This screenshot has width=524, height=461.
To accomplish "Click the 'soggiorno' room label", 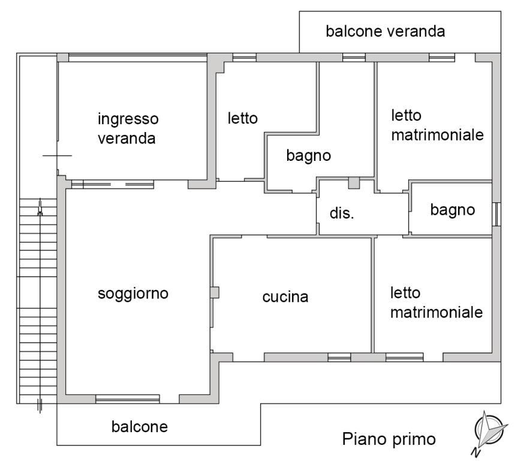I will coord(133,294).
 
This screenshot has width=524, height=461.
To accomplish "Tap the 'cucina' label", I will coord(285,297).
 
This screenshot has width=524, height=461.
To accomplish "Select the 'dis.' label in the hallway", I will coord(342,213).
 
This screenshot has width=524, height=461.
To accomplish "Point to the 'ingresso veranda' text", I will coord(128,128).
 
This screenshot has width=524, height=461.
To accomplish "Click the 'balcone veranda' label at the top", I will coord(385,31).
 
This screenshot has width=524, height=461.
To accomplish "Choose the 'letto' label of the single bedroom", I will coord(242,118).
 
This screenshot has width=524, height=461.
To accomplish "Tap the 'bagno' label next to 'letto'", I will coord(309,156).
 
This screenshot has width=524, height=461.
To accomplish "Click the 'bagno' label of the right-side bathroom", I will coord(453,209).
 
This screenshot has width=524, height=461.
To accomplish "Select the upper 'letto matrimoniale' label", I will coord(436,125).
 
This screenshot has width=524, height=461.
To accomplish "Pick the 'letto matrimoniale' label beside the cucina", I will coord(436,303).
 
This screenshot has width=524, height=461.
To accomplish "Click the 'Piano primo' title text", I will coord(389,439).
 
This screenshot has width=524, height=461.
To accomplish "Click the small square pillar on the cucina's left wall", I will coord(215,292).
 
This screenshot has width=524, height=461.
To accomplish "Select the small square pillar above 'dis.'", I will coord(354,182).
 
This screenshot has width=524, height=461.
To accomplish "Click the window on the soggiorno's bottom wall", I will coord(128,399).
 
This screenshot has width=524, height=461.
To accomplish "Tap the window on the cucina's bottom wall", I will coord(339,357).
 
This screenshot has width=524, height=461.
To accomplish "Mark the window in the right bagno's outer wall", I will coord(496,213).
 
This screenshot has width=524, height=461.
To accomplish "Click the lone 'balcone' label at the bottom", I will coord(139,427).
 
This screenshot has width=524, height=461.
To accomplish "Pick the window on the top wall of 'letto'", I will coord(244,58).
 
